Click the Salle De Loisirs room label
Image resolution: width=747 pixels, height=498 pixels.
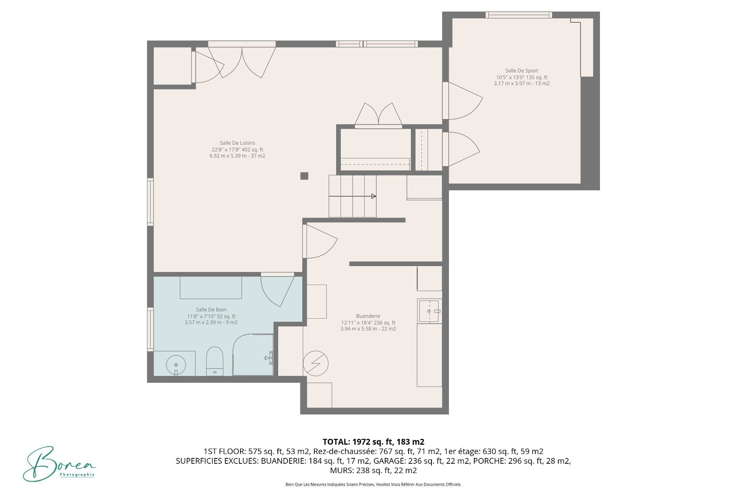pos(237,143)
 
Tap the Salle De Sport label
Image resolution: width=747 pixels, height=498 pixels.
pos(522,70)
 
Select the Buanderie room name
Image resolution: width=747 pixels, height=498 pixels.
pos(368,316)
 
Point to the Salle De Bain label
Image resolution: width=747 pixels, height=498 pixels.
pos(211,310)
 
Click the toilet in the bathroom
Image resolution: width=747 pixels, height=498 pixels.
pos(214,361)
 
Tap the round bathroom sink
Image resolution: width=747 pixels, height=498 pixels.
pos(176,365)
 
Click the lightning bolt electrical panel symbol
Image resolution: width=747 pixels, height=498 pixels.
pos(316,363)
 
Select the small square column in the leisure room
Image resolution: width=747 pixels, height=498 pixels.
pos(304,176)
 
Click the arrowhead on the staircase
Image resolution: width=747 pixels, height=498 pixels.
pos(373,196)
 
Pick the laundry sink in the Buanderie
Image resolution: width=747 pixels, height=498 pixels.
pos(430,311)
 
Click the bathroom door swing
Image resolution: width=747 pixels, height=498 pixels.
pos(277,290)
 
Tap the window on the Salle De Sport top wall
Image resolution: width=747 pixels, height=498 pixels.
pos(519,15)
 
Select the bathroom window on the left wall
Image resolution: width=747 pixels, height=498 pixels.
pos(150,329)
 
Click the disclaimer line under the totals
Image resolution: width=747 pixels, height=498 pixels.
pos(373,484)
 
